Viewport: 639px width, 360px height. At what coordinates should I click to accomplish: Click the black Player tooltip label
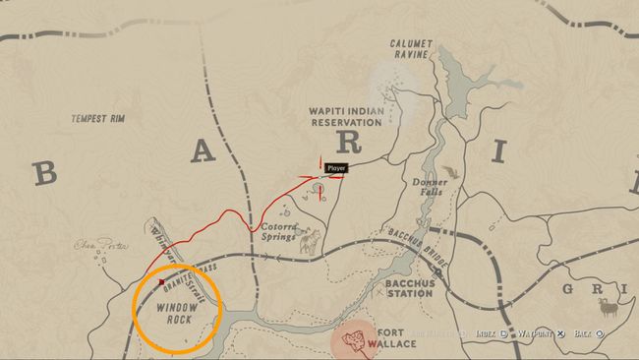click(337, 168)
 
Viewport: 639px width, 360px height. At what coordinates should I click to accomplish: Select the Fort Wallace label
click(396, 337)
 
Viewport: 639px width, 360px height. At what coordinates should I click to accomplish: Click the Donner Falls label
click(429, 186)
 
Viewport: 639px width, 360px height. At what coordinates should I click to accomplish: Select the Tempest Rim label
click(98, 119)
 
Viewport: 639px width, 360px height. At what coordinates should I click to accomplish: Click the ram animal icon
click(610, 306)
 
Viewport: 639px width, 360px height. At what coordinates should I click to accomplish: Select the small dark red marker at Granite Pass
click(161, 282)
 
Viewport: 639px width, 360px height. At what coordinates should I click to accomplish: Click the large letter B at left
click(45, 173)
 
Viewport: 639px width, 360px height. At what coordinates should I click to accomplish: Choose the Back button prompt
click(588, 333)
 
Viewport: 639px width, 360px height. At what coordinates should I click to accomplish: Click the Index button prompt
click(488, 333)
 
